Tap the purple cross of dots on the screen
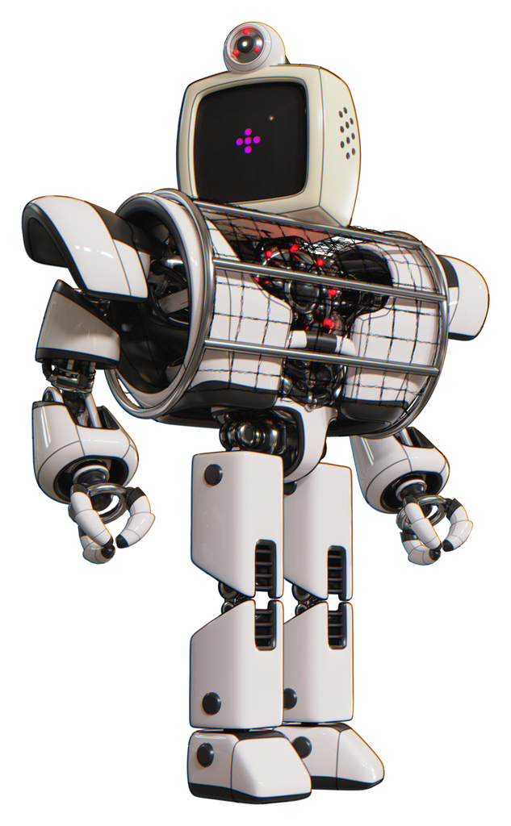[x=248, y=141]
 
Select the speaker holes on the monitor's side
[x=347, y=132]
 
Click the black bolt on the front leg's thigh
[x=213, y=475]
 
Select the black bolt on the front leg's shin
[x=211, y=703]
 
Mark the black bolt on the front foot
[x=205, y=755]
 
